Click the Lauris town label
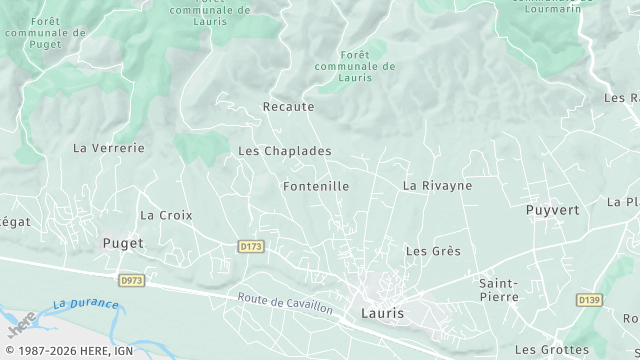coord(381,313)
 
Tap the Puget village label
coord(123,243)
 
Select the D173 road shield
coord(250,246)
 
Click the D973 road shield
coord(131,281)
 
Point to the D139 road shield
coord(589,300)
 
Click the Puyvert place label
coord(552,211)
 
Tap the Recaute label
coord(288,106)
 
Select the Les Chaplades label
coord(284,151)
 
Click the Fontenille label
coord(316,186)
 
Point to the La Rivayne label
coord(437,186)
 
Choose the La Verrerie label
coord(109,148)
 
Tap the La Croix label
coord(166,215)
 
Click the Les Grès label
coord(433,251)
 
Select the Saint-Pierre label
coord(498,290)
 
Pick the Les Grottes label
coord(551,350)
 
